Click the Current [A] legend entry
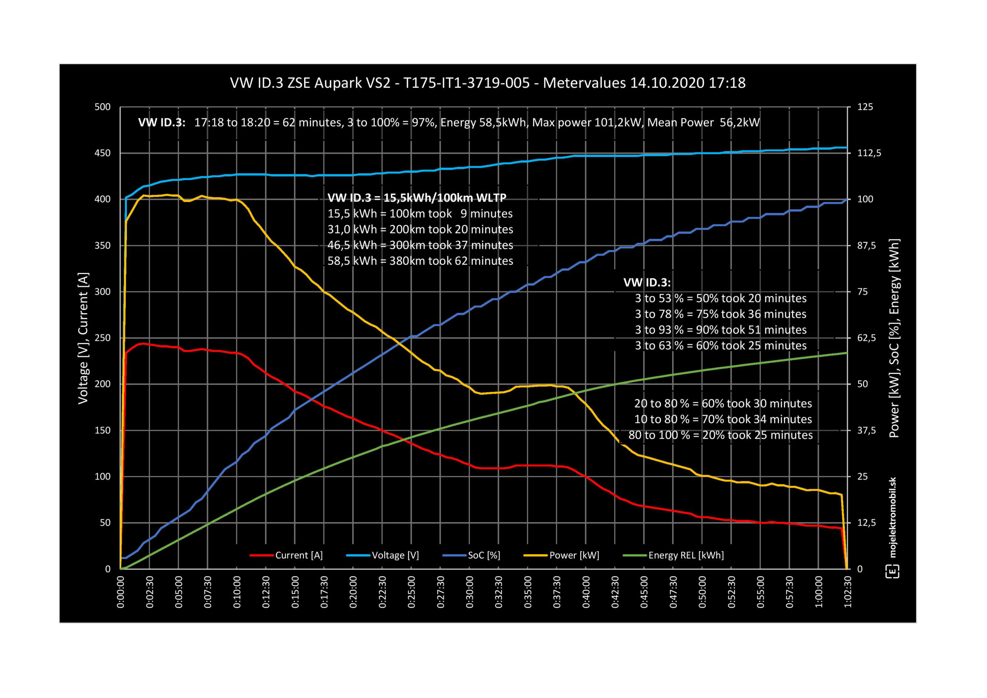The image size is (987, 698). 298,555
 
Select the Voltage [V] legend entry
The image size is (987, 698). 395,555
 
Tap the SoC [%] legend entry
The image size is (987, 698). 483,555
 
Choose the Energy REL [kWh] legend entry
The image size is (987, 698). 686,555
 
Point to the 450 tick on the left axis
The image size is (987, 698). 102,153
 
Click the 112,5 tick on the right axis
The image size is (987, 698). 869,153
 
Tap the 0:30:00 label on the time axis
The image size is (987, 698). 470,592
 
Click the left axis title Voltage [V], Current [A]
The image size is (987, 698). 83,338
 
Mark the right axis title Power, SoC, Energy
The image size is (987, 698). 894,338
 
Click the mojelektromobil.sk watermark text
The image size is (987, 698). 893,518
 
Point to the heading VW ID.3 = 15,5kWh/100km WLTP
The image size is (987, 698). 416,198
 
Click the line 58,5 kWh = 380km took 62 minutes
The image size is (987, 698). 420,261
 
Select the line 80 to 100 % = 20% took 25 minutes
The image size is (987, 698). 721,435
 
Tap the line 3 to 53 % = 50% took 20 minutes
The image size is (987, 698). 721,298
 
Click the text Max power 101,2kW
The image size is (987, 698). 587,123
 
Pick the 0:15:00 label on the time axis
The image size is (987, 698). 295,592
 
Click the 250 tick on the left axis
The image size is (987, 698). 102,338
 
